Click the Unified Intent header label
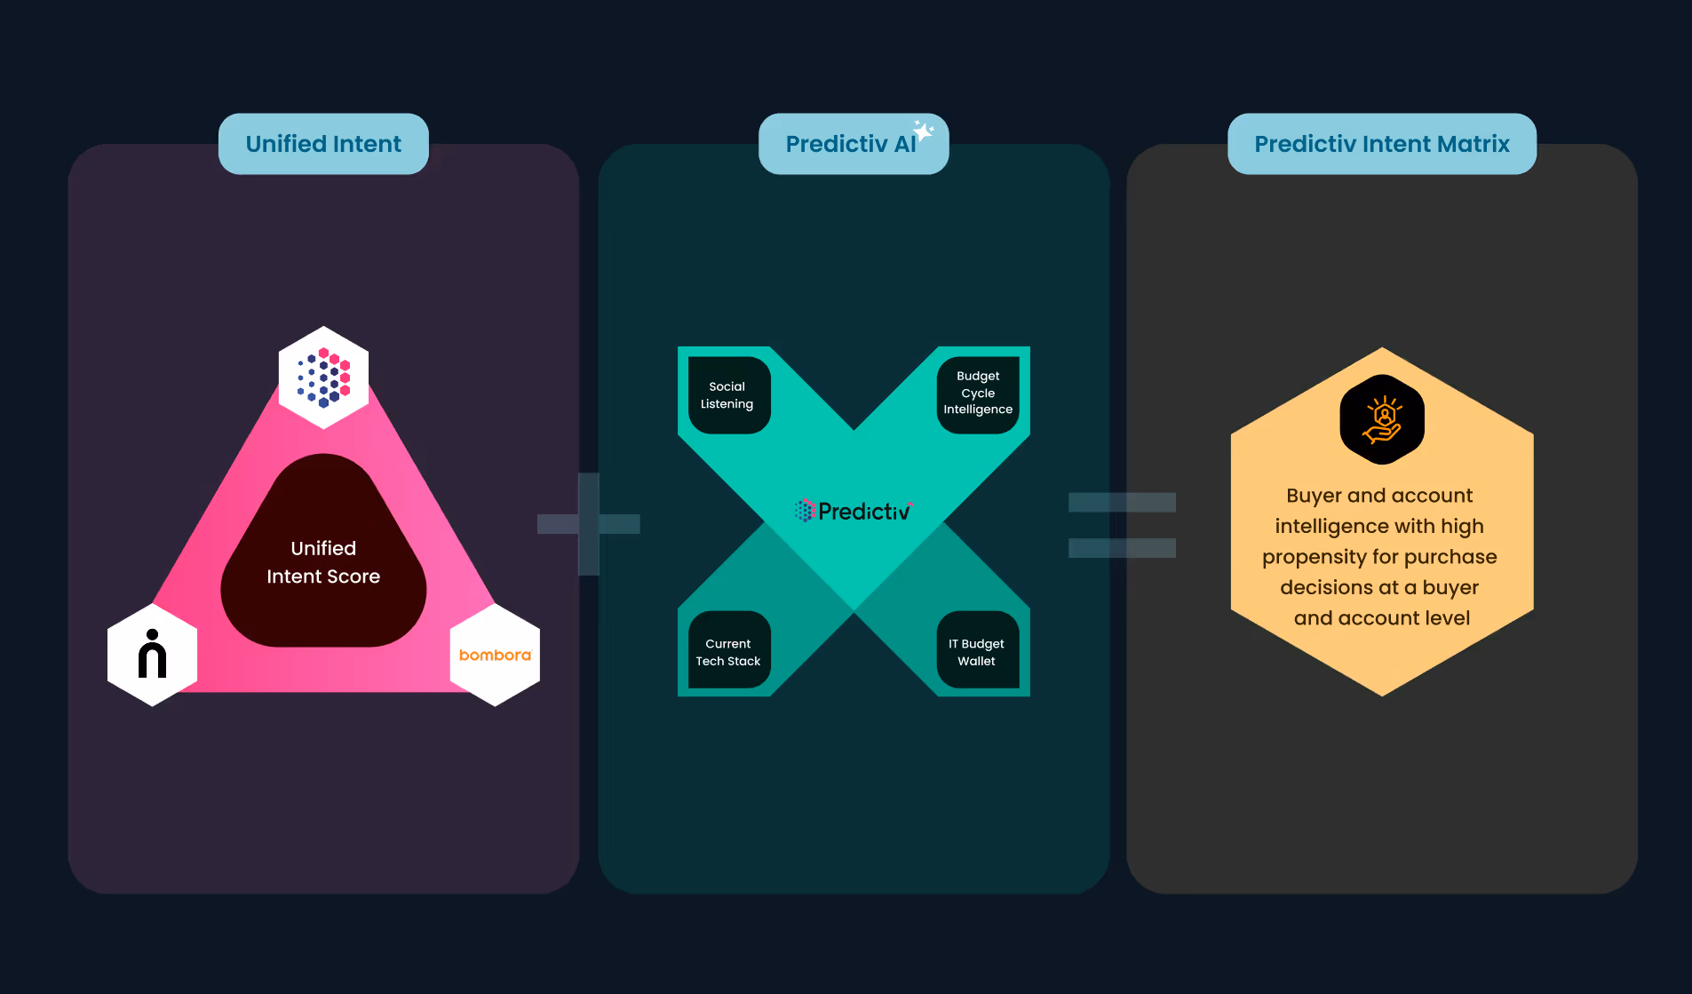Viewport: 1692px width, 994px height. click(x=323, y=144)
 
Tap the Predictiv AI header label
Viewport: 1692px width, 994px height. click(x=850, y=144)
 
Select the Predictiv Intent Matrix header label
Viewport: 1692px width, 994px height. click(x=1381, y=144)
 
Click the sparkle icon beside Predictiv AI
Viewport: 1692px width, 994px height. click(x=924, y=131)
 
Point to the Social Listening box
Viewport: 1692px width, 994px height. click(x=728, y=395)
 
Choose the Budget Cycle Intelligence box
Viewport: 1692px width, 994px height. click(x=978, y=394)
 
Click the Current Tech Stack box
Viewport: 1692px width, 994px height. click(x=728, y=652)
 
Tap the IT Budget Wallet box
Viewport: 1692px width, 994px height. click(x=977, y=652)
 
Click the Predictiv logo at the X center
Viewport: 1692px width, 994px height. click(x=853, y=511)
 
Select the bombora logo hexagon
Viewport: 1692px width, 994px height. click(x=495, y=655)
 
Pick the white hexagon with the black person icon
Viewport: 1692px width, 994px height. click(x=153, y=655)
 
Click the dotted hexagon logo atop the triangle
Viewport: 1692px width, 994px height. click(x=323, y=378)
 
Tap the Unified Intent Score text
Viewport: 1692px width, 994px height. click(x=323, y=562)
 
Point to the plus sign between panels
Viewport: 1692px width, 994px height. click(x=589, y=524)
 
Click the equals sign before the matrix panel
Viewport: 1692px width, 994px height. click(x=1122, y=525)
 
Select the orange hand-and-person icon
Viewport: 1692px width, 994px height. click(x=1382, y=420)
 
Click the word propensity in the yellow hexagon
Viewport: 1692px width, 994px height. click(x=1314, y=557)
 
